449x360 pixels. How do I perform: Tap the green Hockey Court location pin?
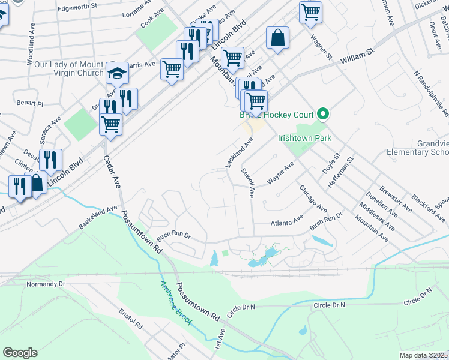[323, 113]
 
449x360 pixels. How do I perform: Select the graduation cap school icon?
[118, 74]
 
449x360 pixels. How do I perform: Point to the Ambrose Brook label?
[175, 303]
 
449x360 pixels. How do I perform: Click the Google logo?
[20, 353]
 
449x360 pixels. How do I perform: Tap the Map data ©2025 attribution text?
[424, 355]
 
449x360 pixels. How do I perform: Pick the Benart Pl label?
[30, 104]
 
